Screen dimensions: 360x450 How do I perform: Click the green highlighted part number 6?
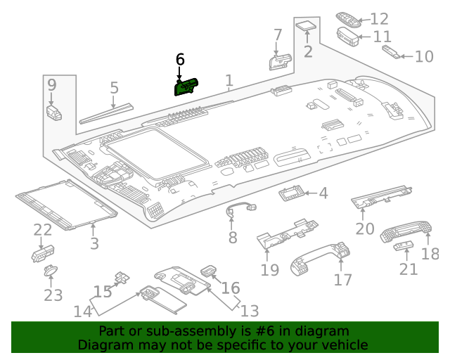pos(186,86)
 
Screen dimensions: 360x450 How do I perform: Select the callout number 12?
pos(379,19)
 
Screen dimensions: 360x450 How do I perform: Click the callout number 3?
pos(94,244)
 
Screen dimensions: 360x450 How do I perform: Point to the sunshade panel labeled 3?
pos(65,203)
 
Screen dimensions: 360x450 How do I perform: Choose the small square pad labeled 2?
pos(306,28)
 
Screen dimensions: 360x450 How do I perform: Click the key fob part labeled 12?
pos(348,19)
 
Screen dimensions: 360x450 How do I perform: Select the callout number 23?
pos(53,295)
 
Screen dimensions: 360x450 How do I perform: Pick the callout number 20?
pos(365,229)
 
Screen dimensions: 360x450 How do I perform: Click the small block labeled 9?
pos(53,111)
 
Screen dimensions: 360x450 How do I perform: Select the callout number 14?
pos(83,311)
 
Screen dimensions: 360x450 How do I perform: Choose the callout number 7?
pos(278,34)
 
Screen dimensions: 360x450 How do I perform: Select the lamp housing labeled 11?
pos(349,35)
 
